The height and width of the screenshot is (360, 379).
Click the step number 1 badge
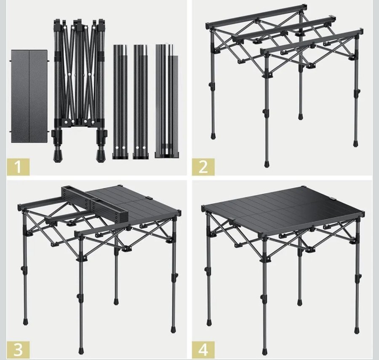(x=18, y=167)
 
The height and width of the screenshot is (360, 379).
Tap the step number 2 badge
(x=203, y=167)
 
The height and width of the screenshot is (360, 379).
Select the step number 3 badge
(x=18, y=350)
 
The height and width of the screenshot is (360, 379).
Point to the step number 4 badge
(x=203, y=350)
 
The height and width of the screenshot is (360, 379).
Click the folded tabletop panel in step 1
(x=29, y=96)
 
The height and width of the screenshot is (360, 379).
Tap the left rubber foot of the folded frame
(x=57, y=156)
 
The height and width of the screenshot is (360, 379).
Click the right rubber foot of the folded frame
(x=101, y=156)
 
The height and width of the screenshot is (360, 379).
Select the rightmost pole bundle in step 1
(x=167, y=101)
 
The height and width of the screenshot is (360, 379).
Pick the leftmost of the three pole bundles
(x=120, y=102)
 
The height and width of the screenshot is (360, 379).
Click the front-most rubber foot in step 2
(x=267, y=164)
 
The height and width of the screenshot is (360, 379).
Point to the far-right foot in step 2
(x=355, y=143)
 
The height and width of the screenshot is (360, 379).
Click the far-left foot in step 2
(x=213, y=135)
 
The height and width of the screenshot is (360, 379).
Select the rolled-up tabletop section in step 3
(x=96, y=204)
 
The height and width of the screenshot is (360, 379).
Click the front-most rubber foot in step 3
(x=81, y=350)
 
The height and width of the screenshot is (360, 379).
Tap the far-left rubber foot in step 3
(x=25, y=321)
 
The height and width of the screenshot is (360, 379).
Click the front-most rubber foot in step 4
(x=265, y=350)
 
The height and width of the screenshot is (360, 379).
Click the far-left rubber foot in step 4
(x=208, y=322)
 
